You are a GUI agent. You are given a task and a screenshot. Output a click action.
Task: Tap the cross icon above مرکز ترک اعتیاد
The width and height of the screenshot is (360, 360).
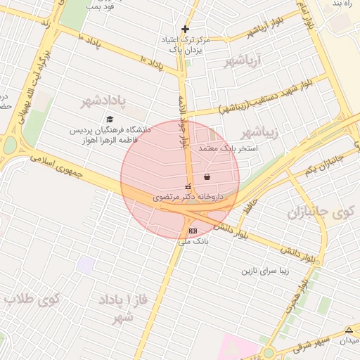point(185,29)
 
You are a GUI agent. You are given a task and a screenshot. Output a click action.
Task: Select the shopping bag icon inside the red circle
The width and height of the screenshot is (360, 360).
point(207,176)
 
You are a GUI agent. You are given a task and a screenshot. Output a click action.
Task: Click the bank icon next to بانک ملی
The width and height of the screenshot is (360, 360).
point(193,231)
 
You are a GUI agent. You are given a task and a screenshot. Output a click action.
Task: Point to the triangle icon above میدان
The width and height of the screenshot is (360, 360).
point(349,330)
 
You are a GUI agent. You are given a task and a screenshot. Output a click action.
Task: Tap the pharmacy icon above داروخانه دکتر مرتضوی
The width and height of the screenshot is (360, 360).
point(188,186)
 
